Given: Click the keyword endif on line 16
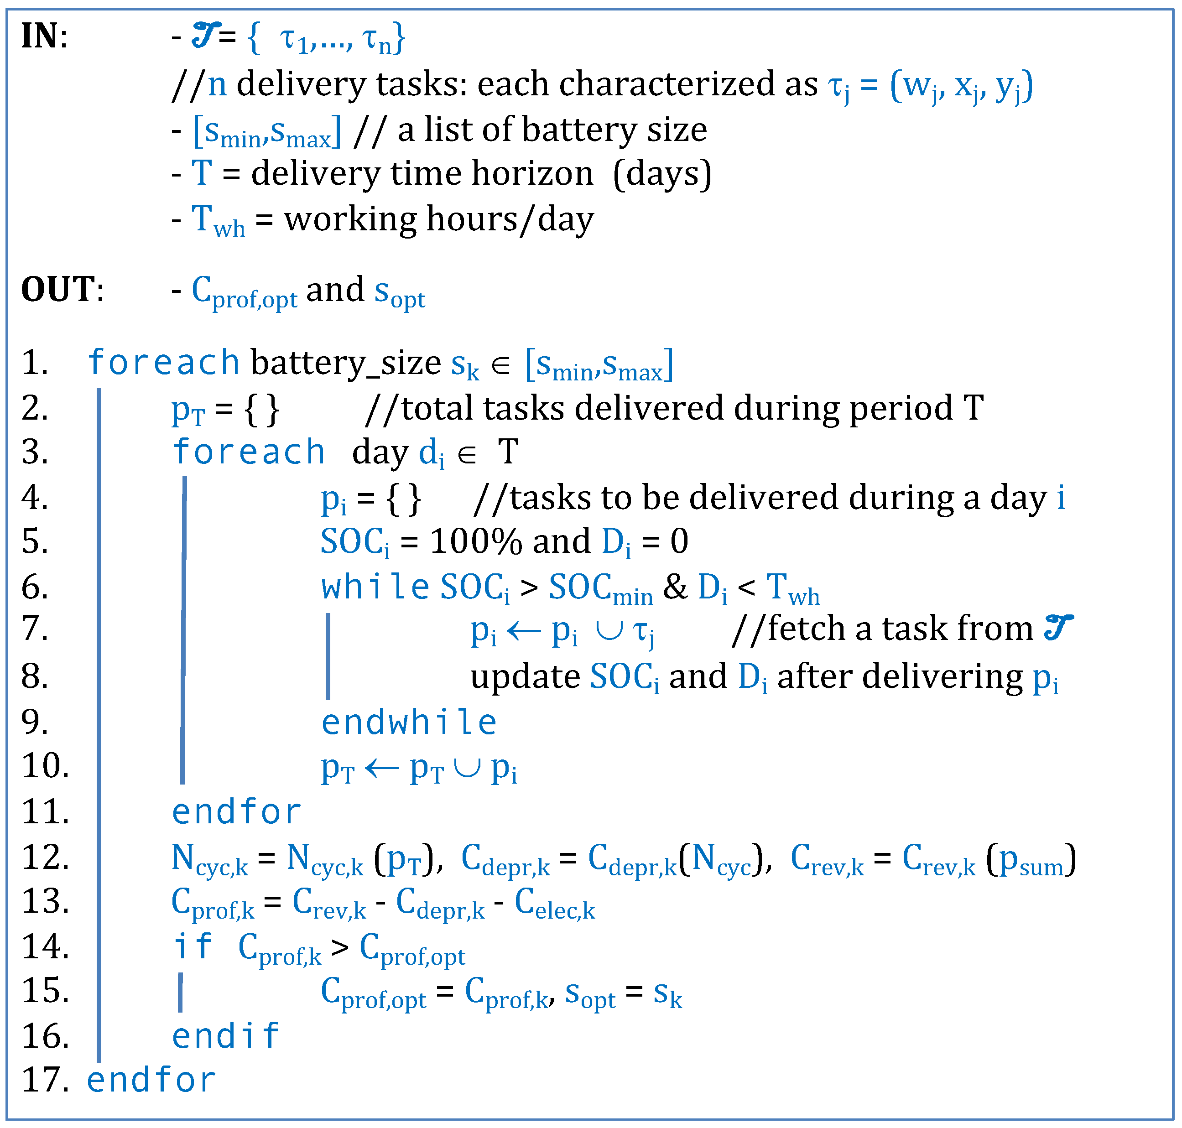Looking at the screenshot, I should point(225,1035).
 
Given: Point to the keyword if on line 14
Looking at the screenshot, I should point(193,946).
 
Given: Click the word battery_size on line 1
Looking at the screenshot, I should point(346,363).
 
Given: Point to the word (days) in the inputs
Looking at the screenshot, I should point(662,174).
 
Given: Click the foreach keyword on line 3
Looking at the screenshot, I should point(248,452).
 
